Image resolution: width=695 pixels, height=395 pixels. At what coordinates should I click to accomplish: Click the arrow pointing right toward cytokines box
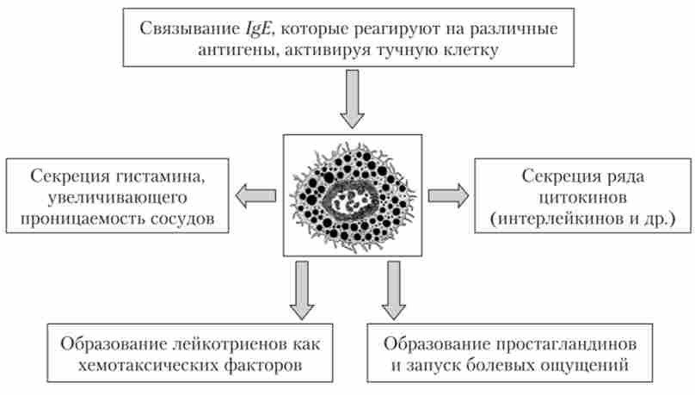point(448,194)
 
